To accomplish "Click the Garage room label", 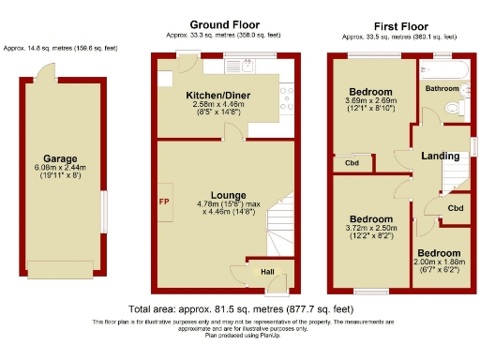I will tap(60, 158).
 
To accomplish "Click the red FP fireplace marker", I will tap(164, 202).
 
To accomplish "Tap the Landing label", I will tap(439, 156).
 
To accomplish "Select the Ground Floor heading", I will tap(225, 24).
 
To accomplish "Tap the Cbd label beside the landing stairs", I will tap(455, 207).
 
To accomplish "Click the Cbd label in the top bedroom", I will tap(352, 162).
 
